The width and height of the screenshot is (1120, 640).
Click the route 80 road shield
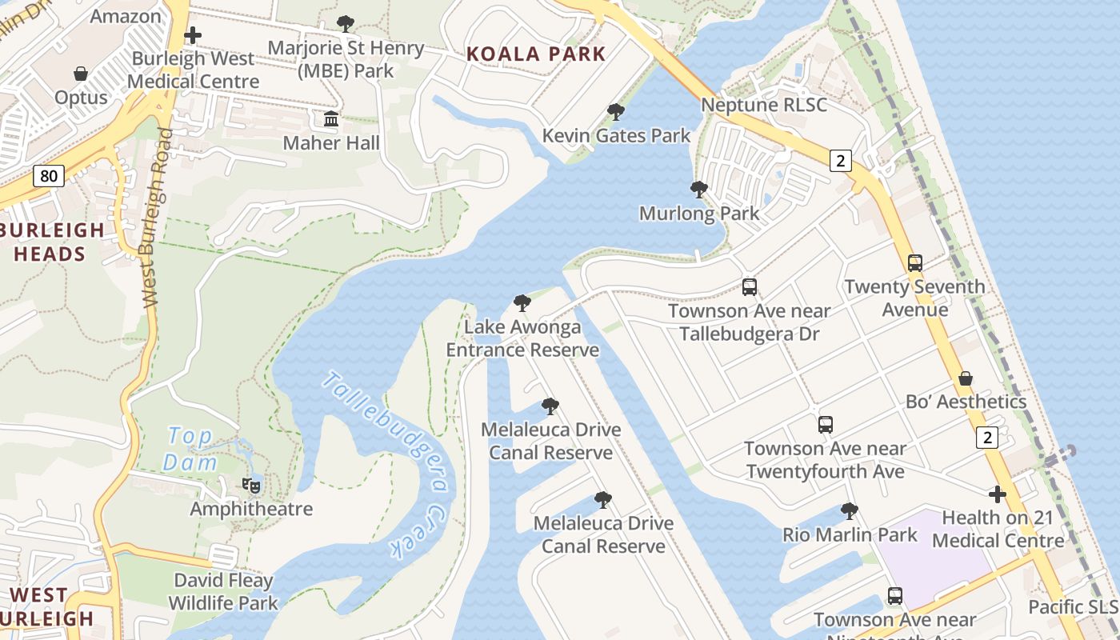(49, 175)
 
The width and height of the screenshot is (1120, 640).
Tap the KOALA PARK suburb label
(536, 54)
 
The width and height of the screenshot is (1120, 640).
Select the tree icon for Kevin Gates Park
(615, 112)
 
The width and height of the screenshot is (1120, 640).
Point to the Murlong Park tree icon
(698, 190)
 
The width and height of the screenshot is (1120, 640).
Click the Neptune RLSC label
(763, 105)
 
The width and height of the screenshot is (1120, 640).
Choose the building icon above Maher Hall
(330, 120)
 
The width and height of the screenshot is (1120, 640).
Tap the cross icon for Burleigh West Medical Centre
(192, 35)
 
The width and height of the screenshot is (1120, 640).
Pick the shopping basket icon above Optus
(81, 74)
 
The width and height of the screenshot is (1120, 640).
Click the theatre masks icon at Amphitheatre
(251, 485)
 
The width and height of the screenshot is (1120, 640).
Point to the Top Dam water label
(190, 449)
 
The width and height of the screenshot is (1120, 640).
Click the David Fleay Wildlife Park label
(223, 592)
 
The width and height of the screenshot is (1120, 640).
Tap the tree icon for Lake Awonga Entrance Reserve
(522, 303)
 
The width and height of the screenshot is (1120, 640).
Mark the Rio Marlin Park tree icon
(850, 510)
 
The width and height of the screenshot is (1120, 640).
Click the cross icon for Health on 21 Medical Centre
(997, 494)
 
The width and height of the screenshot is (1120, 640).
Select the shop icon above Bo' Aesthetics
(966, 378)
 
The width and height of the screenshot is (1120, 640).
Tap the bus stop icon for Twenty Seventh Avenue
(914, 262)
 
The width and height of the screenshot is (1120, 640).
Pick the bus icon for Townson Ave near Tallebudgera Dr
(749, 286)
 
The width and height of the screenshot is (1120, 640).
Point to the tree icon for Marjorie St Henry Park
(346, 24)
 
